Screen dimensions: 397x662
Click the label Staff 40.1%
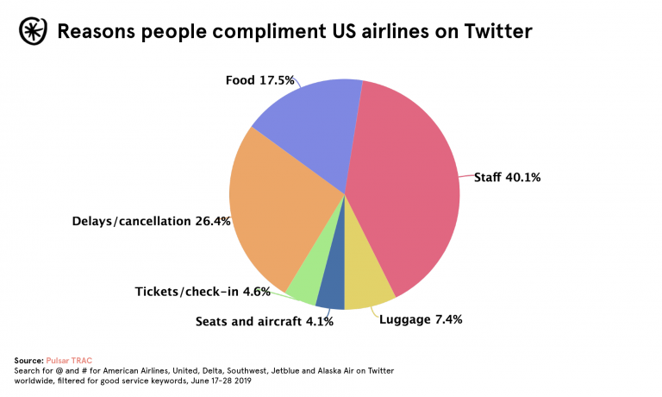507,178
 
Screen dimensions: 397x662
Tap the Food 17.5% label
260,80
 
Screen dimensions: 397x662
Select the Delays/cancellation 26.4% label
151,221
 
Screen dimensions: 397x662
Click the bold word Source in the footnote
28,359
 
